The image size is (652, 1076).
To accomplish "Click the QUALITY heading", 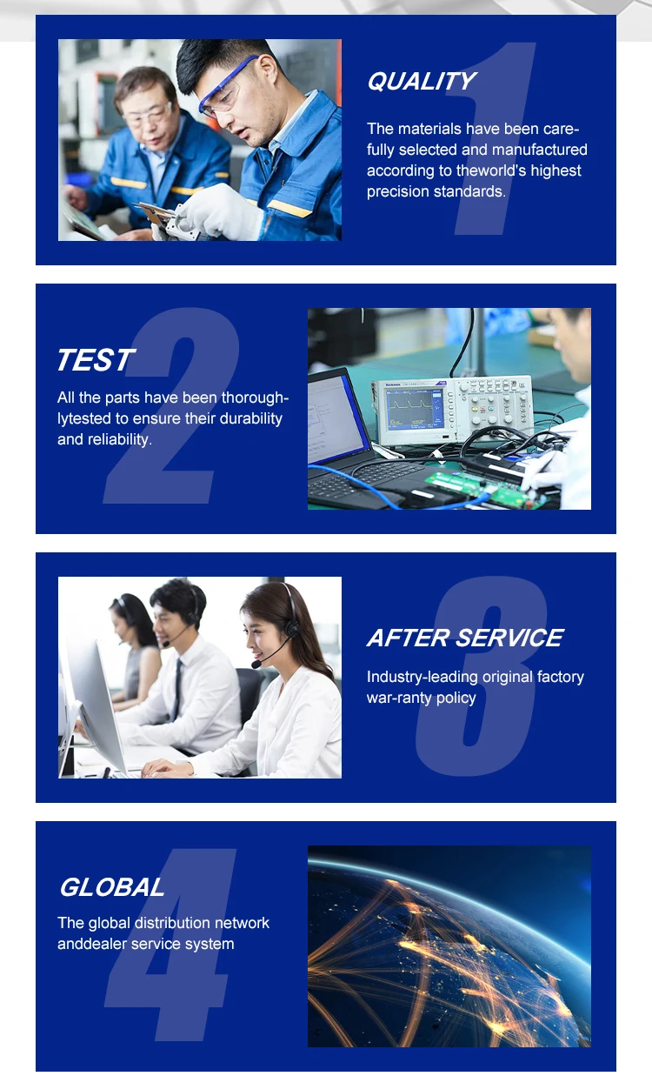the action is tap(421, 81).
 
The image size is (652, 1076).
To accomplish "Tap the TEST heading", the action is tap(96, 360).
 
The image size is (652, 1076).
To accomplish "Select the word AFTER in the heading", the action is tap(408, 638).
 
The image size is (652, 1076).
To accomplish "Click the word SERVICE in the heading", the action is tap(509, 638).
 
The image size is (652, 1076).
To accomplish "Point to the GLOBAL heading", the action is tap(112, 886).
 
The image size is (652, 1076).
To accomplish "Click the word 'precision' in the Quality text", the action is tap(398, 191).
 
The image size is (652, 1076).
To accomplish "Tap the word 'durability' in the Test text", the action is tap(250, 418).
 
